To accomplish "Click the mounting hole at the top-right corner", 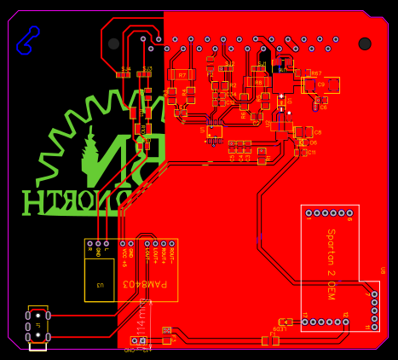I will (x=365, y=44).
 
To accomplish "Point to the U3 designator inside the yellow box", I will (x=99, y=285).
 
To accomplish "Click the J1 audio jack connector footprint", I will (x=37, y=327).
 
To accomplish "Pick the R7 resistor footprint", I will (x=182, y=75).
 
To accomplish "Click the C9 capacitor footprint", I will (x=321, y=84).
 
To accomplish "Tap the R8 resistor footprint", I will (x=258, y=82).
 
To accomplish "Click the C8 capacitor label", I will (x=317, y=132).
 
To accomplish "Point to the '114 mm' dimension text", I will (x=141, y=322).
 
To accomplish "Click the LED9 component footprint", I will (x=286, y=322).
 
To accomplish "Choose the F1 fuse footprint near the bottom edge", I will (x=270, y=340).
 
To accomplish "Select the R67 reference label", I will (x=316, y=73).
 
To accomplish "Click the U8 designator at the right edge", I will (x=382, y=270).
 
